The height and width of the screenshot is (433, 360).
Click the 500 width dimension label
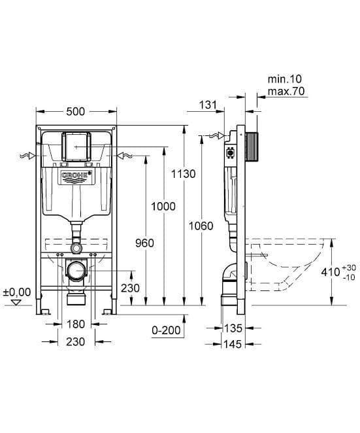click(x=76, y=112)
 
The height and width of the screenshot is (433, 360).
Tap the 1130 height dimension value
click(x=183, y=174)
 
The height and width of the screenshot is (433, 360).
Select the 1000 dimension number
click(x=163, y=206)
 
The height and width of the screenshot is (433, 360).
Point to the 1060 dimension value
click(x=201, y=226)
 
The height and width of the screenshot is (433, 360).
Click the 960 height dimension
click(x=144, y=243)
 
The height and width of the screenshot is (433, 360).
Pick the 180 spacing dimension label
click(x=76, y=324)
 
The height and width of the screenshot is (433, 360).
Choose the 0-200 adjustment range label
click(x=167, y=330)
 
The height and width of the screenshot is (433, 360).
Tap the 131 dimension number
click(x=207, y=105)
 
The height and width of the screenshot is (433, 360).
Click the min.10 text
click(x=285, y=79)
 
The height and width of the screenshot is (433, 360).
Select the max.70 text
click(x=286, y=91)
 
